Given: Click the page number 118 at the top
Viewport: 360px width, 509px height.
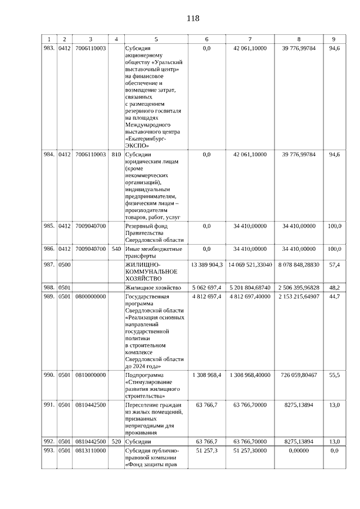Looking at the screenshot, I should pyautogui.click(x=193, y=18).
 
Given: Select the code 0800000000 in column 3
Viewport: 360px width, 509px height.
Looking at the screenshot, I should pyautogui.click(x=90, y=296).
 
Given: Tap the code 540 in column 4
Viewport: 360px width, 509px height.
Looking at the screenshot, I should pyautogui.click(x=116, y=249).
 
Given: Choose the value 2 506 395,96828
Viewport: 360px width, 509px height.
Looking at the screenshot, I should pyautogui.click(x=299, y=287).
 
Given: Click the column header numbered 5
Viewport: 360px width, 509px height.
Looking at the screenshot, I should pyautogui.click(x=156, y=39).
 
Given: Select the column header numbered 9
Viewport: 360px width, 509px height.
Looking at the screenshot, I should pyautogui.click(x=334, y=39).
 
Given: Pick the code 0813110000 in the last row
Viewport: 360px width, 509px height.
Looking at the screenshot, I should pyautogui.click(x=90, y=451).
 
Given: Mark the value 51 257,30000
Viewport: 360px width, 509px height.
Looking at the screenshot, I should pyautogui.click(x=250, y=451).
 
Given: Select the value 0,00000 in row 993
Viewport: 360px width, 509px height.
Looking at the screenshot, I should pyautogui.click(x=299, y=451).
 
